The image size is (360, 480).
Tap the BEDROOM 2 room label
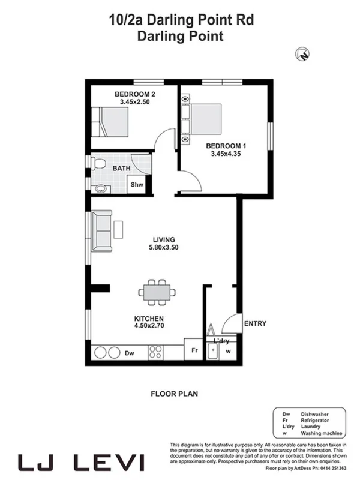(135, 94)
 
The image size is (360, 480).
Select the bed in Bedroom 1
(203, 120)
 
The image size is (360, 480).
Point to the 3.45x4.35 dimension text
(226, 154)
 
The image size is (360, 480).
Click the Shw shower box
(137, 185)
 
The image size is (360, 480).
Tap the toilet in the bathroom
(98, 163)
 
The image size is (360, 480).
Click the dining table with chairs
(158, 292)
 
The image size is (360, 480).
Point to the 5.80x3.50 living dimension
(164, 247)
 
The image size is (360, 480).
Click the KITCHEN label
(149, 319)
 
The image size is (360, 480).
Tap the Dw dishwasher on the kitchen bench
(129, 353)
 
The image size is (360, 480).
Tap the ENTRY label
(255, 324)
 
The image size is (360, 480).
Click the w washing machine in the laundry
(227, 352)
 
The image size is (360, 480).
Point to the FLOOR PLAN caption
(174, 394)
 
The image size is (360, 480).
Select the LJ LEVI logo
(81, 463)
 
